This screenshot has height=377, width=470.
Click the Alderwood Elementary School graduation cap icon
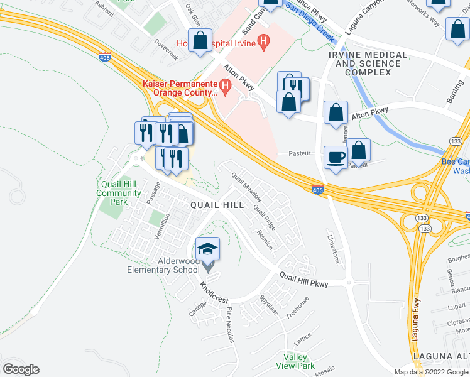point(208,249)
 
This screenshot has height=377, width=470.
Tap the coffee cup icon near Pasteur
point(336,157)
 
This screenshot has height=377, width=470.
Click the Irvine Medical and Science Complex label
point(368,63)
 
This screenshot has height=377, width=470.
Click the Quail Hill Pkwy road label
point(303,280)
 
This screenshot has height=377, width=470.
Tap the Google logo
point(21,369)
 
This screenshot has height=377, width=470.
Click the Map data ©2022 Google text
point(431,372)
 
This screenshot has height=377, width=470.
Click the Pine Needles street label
point(230,324)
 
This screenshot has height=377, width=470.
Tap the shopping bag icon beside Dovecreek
point(200,41)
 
